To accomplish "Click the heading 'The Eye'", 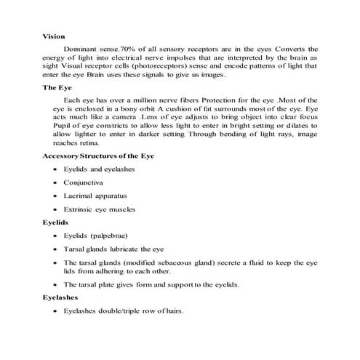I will point(57,87).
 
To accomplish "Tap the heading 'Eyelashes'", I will point(64,297).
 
